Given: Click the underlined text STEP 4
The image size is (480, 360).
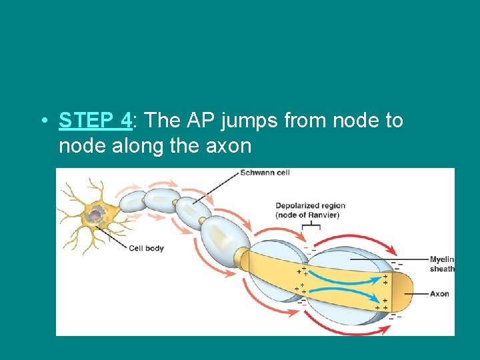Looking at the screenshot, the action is coord(95,121).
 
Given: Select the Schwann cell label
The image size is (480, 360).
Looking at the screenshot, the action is coord(265,173).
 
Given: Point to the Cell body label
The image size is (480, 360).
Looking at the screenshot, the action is coord(146,249).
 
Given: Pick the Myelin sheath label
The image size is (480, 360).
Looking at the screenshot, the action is coord(442,263).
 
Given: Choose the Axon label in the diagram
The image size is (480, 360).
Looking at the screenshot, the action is coord(439,293).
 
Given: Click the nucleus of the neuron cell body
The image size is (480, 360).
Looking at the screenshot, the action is coord(97,213).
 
